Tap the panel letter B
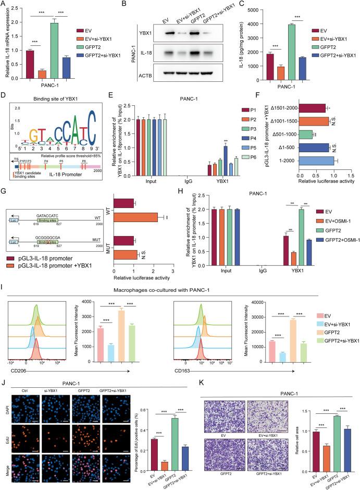pos(125,4)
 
